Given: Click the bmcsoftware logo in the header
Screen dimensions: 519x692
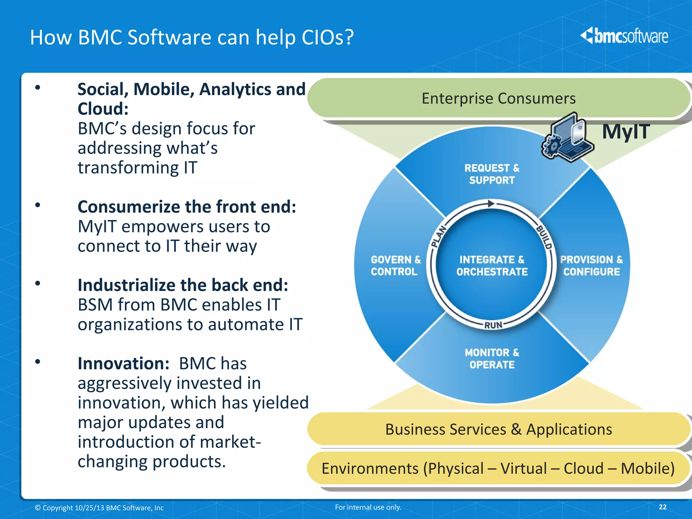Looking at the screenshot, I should tap(624, 36).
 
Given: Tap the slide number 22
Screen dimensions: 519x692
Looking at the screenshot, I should tap(663, 507).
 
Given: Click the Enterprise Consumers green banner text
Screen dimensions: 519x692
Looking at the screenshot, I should tap(498, 98).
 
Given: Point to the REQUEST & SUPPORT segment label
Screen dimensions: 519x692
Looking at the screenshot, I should tap(492, 174).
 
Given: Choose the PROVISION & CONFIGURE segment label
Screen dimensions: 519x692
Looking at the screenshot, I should tap(591, 266).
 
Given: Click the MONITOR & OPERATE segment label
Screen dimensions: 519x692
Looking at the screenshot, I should tap(492, 359).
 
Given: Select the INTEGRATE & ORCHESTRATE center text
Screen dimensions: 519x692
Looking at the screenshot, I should tap(492, 266).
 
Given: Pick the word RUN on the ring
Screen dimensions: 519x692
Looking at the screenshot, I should tap(493, 325).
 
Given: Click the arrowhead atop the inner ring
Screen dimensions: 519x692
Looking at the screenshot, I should tap(491, 204).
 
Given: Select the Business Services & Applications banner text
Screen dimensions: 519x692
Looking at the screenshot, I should tap(498, 429).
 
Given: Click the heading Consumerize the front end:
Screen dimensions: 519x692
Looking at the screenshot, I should tap(187, 207).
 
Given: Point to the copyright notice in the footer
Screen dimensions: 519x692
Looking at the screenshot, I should tap(99, 508).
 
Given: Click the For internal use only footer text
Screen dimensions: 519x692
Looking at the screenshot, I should tap(368, 507).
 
